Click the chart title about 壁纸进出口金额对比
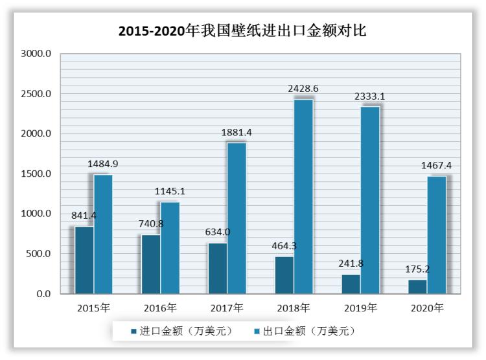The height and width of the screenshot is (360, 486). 242,29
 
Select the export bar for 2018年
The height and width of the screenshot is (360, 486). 304,197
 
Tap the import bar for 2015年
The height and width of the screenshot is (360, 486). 84,260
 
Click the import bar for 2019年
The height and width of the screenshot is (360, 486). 351,284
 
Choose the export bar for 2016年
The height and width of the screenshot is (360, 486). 170,248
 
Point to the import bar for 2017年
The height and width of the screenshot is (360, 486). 217,269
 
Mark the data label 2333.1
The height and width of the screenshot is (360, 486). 369,96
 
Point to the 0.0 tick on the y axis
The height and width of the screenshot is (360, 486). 43,294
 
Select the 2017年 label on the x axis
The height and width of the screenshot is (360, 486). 227,308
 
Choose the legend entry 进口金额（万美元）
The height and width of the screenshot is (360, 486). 182,331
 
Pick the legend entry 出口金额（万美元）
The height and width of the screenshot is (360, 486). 304,331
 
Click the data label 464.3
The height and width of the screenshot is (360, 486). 285,246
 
